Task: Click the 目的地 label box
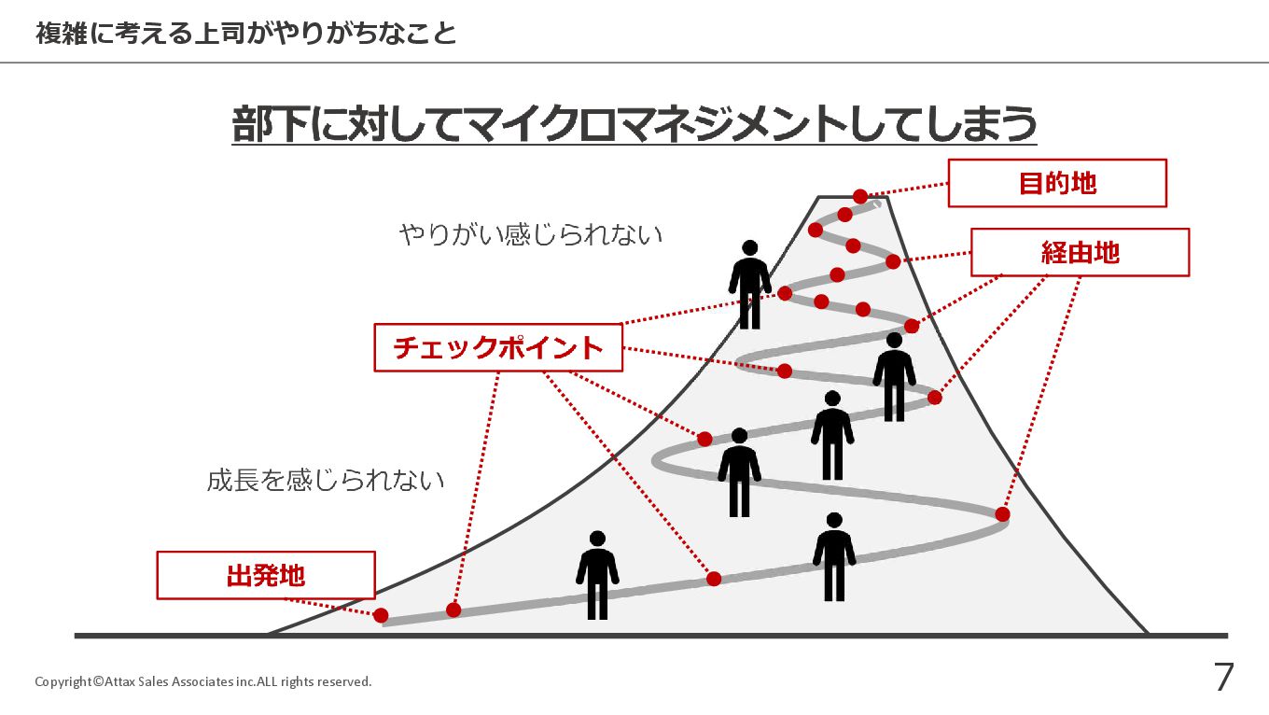[1057, 183]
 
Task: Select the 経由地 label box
[1080, 252]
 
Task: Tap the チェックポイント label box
[498, 347]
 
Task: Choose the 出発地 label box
[265, 575]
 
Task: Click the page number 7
[1223, 678]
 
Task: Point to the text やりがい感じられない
[531, 233]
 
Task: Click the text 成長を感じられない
[326, 481]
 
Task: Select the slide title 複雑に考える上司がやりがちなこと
[246, 35]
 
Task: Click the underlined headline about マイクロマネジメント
[634, 124]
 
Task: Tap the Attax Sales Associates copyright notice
[203, 681]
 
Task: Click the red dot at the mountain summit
[860, 196]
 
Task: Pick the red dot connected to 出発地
[381, 615]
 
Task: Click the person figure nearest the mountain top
[750, 285]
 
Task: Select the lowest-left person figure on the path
[597, 575]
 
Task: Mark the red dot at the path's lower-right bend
[1002, 514]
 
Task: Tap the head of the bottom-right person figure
[834, 520]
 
